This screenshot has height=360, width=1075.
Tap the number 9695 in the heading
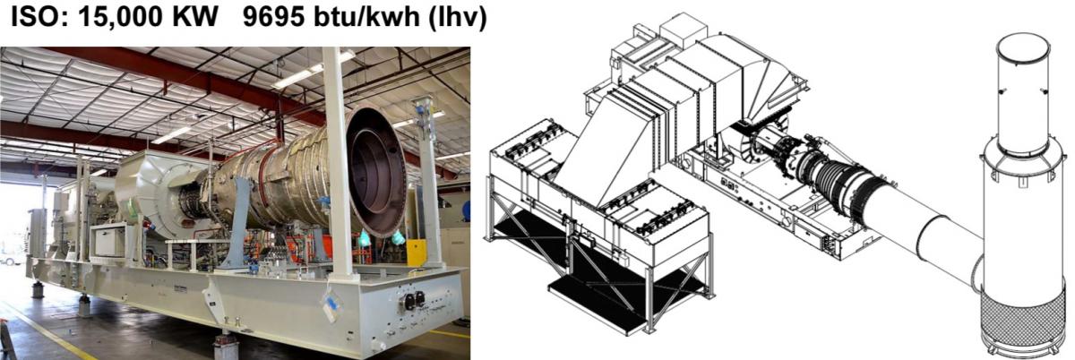[273, 18]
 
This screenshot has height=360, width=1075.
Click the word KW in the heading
[195, 18]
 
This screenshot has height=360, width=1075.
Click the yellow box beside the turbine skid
[416, 253]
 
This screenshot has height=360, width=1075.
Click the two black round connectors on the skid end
[415, 301]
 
